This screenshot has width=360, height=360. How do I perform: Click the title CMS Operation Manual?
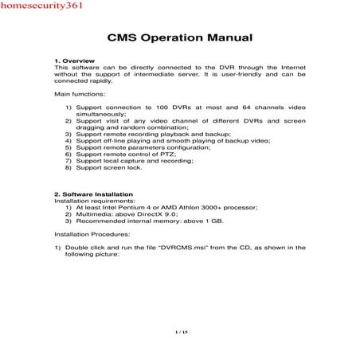pos(179,37)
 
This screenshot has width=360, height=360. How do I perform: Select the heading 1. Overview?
pos(74,61)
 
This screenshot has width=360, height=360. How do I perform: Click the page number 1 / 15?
pos(179,331)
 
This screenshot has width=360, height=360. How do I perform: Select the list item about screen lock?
pos(115,168)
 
